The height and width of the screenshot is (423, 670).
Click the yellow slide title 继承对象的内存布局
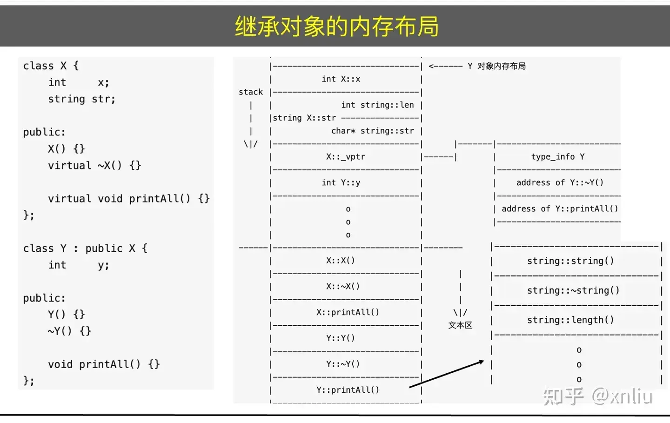click(x=336, y=26)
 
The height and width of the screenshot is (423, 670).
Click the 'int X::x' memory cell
click(x=341, y=79)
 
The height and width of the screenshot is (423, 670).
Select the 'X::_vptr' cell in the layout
click(x=345, y=157)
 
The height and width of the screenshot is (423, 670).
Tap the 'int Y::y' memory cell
click(x=341, y=183)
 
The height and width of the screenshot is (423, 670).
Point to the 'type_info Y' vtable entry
click(x=558, y=157)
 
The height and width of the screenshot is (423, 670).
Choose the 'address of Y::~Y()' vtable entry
click(x=560, y=183)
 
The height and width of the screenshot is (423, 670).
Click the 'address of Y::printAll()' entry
click(x=560, y=209)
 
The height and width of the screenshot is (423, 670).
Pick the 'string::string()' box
click(x=570, y=261)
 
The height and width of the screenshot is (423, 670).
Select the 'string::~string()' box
click(x=573, y=290)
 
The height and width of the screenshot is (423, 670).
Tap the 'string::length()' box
click(x=570, y=320)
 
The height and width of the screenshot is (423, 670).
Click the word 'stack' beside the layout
click(x=251, y=92)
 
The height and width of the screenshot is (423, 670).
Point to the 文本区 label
click(x=460, y=325)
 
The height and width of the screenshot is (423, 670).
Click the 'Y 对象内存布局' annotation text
click(x=496, y=66)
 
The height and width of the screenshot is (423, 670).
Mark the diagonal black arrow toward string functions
click(x=447, y=374)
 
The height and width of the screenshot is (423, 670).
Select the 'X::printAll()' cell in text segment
click(x=348, y=312)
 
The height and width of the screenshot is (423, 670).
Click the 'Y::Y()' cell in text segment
click(x=341, y=338)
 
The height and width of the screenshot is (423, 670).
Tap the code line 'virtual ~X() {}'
click(x=94, y=166)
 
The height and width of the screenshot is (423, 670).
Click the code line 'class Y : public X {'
click(x=85, y=248)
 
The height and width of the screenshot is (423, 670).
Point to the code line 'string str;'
click(x=81, y=99)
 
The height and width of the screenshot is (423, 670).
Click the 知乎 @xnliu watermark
click(x=597, y=396)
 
